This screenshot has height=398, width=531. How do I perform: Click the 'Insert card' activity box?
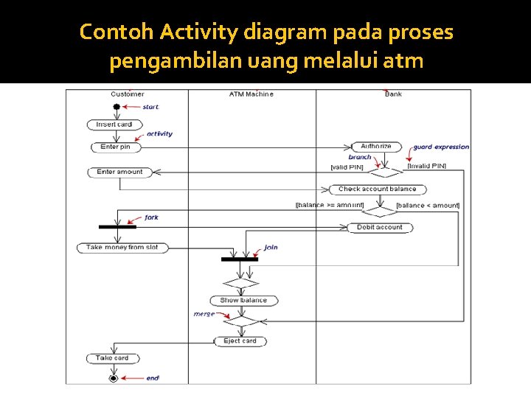pos(114,125)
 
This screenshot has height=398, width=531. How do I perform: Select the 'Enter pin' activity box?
pos(115,147)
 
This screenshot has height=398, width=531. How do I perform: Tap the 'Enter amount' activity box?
pos(119,172)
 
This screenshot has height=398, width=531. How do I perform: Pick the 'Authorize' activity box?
pos(376,147)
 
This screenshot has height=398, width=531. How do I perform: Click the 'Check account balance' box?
pos(377,189)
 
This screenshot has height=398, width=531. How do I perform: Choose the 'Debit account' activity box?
pos(380,227)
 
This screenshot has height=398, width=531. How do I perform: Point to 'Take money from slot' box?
pos(122,248)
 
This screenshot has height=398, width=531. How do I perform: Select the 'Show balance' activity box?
pos(243,300)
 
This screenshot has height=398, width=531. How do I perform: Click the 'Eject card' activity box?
pos(240,341)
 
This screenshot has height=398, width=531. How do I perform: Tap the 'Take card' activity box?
pos(112,358)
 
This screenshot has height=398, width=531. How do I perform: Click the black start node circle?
pos(116,107)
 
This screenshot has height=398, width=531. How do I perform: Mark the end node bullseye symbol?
pos(113,377)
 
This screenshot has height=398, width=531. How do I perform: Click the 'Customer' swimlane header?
pos(128,94)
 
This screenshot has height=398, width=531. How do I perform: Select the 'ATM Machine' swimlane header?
pos(251,94)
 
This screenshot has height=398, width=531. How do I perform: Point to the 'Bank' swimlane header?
pos(393,94)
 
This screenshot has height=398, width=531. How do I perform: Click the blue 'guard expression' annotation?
pos(441,147)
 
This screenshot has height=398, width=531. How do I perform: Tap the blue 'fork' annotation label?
pos(151,217)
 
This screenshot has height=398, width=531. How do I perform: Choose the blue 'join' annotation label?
pos(271,248)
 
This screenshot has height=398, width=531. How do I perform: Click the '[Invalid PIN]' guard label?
pos(426,167)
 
